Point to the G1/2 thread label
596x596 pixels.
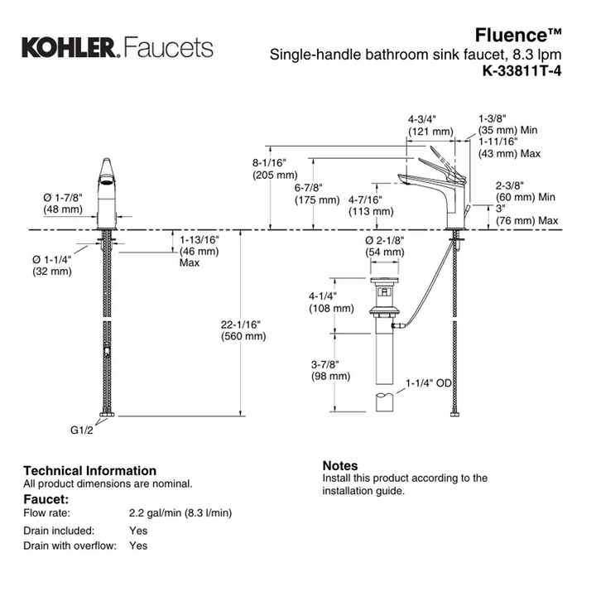pos(79,429)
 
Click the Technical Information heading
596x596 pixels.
pos(89,470)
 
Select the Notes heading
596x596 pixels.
pos(339,466)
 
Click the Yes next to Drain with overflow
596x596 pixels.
pos(138,546)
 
